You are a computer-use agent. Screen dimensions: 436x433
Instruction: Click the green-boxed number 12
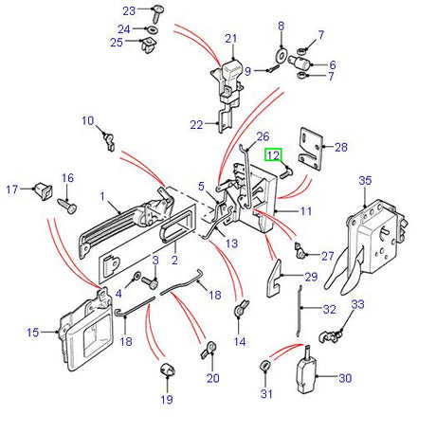click(273, 155)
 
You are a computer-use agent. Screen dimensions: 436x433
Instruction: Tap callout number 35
click(365, 180)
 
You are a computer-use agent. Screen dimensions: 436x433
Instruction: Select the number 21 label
click(230, 39)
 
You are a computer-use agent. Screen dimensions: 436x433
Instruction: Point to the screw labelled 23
click(156, 14)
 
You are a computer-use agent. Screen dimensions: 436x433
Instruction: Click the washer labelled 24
click(153, 29)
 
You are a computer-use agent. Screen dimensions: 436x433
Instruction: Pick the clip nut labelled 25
click(149, 45)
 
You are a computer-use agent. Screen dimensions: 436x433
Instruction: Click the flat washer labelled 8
click(281, 55)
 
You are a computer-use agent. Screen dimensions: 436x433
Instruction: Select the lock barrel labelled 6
click(300, 61)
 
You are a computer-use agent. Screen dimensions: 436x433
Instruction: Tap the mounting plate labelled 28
click(311, 149)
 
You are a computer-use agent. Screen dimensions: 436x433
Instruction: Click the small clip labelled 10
click(109, 141)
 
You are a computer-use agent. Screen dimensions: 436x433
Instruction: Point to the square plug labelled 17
click(44, 190)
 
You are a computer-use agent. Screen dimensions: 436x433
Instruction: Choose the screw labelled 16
click(67, 206)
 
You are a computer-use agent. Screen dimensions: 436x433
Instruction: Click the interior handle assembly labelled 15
click(85, 329)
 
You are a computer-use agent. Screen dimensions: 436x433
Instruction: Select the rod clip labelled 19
click(168, 370)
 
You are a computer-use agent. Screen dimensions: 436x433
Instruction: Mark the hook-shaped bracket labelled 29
click(274, 279)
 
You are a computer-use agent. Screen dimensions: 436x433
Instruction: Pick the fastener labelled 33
click(331, 335)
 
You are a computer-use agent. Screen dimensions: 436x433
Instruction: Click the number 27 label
click(328, 256)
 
